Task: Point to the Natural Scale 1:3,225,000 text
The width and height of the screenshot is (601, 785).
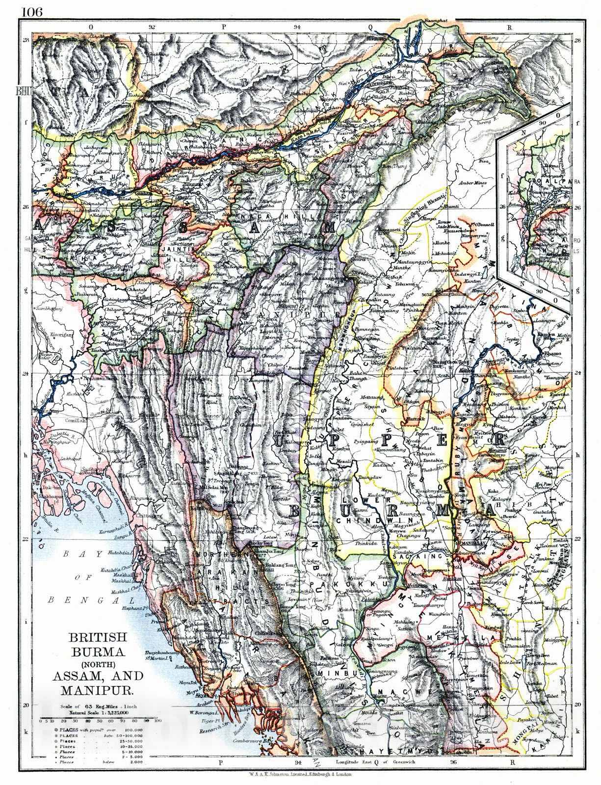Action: [x=101, y=711]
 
